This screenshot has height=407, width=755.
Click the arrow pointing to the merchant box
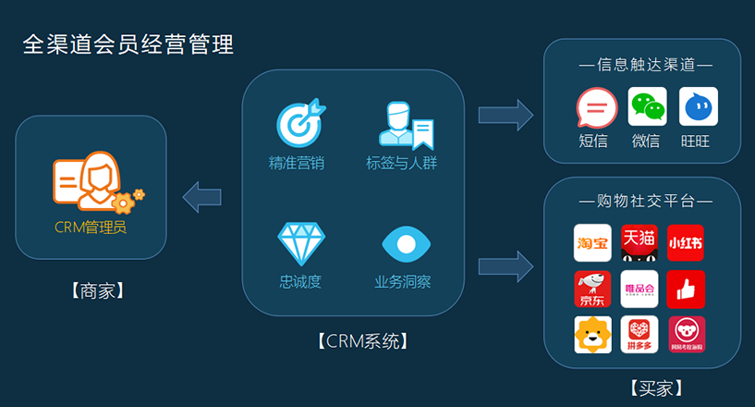point(201,196)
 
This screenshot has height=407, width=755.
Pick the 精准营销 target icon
point(300,124)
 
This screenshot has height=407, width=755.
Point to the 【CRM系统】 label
point(353,340)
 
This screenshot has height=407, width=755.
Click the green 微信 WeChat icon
point(647,107)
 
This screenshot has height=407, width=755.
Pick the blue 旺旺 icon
point(698,107)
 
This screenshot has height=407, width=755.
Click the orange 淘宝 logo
point(593,242)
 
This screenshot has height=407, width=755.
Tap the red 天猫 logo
point(639,242)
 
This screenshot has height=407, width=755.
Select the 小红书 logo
point(686,242)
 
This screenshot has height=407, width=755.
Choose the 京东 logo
point(593,289)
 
